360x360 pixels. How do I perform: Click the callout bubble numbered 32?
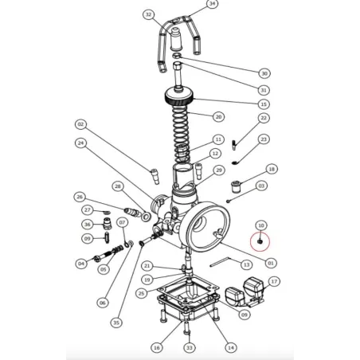148,15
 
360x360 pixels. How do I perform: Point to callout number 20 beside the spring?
217,116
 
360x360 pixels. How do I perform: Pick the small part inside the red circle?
260,241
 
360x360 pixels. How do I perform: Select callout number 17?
273,281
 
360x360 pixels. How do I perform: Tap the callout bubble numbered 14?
231,347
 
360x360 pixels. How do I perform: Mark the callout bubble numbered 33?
189,347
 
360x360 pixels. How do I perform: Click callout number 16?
156,347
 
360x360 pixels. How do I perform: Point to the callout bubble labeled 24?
80,143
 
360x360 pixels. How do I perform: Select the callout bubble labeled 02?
80,124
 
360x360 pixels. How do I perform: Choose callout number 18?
272,170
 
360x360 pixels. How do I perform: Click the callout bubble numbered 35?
116,323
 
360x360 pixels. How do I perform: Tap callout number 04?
80,263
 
